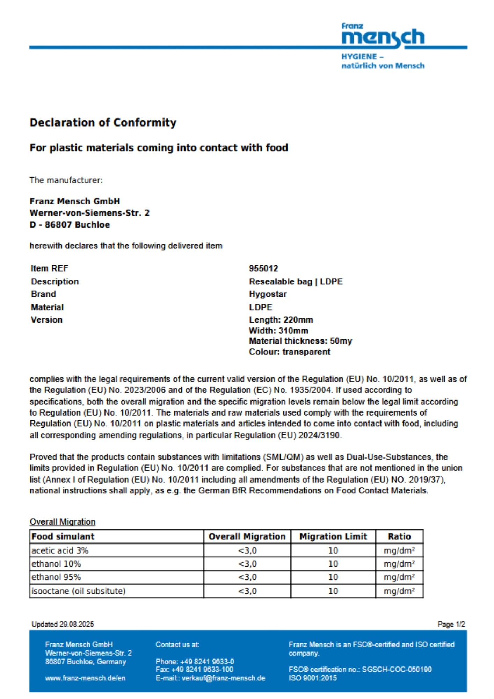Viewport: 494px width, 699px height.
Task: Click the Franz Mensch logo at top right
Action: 383,37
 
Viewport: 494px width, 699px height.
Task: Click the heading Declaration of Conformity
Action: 103,123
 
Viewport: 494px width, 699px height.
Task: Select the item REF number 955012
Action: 263,268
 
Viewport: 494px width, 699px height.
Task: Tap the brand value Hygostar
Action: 268,294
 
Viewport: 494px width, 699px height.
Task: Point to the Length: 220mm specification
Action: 281,320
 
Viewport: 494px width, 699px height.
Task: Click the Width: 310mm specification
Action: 278,331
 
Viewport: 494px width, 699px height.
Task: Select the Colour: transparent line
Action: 289,352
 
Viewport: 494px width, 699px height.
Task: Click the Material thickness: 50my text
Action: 300,341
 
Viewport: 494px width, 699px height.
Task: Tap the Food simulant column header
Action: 63,536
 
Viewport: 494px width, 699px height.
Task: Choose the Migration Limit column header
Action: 333,536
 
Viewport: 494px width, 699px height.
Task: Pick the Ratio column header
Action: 399,536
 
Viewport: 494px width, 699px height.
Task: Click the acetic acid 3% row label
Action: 60,550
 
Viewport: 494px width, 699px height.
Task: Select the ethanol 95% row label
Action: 56,577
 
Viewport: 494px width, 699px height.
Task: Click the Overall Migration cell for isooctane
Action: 247,591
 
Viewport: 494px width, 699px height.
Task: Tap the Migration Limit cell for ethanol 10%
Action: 333,564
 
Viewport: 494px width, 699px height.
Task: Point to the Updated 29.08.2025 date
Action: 63,624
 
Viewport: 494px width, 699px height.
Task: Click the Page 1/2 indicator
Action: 451,624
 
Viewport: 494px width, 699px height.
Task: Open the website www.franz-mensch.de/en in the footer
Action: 85,678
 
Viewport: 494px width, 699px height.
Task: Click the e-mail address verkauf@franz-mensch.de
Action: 224,678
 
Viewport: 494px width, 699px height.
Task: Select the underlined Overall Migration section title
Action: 63,522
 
